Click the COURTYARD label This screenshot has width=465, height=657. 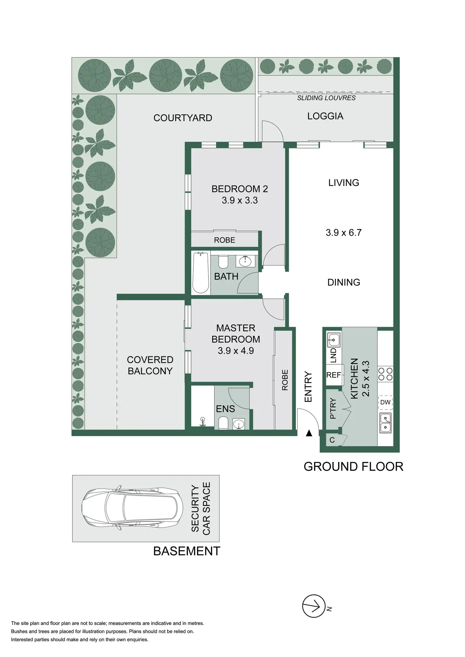[183, 118]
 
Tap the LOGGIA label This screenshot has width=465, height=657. [325, 116]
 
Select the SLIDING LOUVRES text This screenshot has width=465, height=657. [326, 98]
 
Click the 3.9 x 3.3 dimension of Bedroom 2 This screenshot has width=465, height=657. [239, 200]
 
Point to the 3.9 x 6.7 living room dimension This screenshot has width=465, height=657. [343, 233]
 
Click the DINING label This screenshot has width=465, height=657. [344, 282]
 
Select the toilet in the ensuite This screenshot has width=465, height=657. [223, 423]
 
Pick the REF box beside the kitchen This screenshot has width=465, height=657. [334, 375]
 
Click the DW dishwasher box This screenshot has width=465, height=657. [385, 402]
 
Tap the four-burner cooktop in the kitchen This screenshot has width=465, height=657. [385, 374]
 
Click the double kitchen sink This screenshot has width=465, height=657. [385, 423]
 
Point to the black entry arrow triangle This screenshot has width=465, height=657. [309, 433]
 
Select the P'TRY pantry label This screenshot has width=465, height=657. [333, 408]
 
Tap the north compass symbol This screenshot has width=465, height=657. [314, 606]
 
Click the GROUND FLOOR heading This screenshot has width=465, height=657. [353, 467]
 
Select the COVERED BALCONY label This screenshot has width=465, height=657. [150, 365]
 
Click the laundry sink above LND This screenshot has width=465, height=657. [334, 340]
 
